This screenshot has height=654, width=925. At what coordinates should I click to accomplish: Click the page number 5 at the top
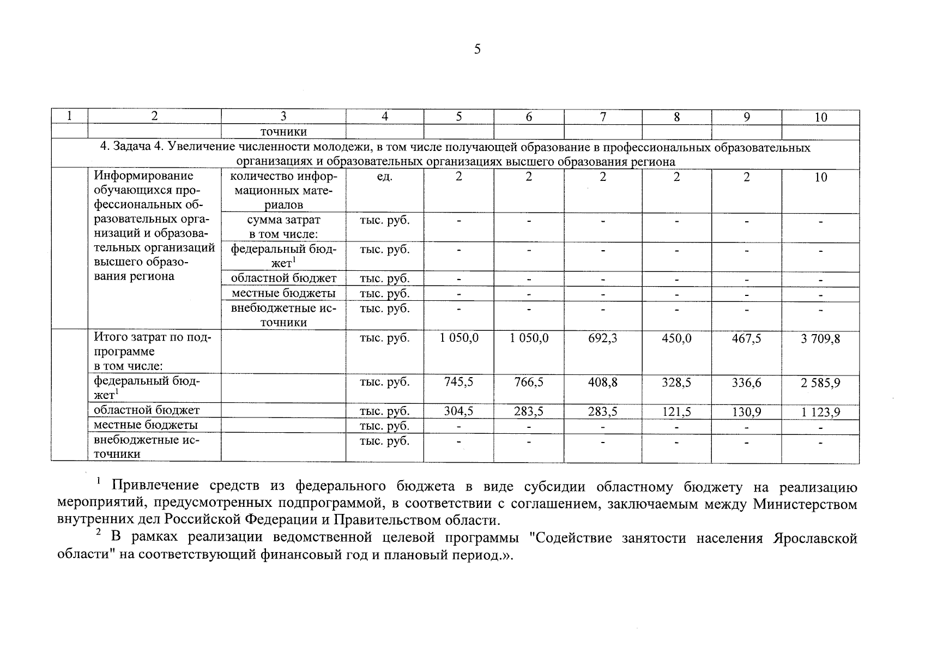coord(477,50)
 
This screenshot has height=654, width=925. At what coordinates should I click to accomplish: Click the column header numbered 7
coord(603,117)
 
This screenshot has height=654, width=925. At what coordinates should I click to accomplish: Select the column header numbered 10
coord(821,117)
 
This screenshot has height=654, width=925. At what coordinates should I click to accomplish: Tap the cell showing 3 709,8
coord(821,339)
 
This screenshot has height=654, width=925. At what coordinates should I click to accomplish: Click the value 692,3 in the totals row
coord(603,338)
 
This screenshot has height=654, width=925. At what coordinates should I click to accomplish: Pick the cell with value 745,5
coord(459,383)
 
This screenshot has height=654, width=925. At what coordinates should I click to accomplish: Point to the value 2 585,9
coord(821,383)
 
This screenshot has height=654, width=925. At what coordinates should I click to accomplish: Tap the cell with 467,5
coord(746,338)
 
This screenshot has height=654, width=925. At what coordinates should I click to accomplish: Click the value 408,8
coord(603,383)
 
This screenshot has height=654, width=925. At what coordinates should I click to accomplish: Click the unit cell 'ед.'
coord(385,177)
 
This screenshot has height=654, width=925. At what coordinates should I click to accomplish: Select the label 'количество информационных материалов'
coord(283,191)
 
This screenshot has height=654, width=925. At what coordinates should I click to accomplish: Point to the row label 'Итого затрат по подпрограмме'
coord(153,344)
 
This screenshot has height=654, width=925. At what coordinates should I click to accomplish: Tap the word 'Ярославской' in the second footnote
coord(814,538)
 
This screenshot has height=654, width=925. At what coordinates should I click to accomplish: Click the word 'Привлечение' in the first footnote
coord(147,486)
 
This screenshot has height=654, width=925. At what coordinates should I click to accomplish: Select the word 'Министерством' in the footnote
coord(805,504)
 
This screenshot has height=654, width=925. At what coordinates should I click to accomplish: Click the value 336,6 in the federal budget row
coord(746,383)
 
